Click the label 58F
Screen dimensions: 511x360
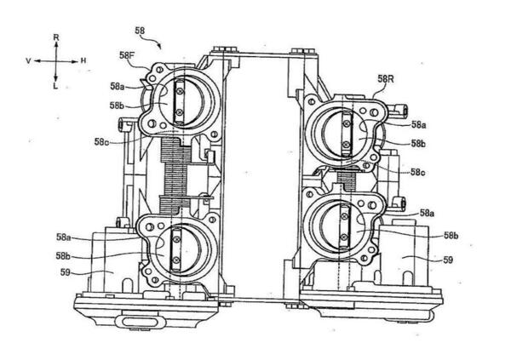coord(126,55)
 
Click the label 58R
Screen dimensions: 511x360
coord(386,78)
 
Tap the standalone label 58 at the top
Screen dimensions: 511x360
coord(140,31)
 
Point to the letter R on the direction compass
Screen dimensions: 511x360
coord(56,37)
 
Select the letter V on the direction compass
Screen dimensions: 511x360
coord(28,61)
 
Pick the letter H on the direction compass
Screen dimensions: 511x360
coord(83,60)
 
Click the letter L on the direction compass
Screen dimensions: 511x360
coord(55,86)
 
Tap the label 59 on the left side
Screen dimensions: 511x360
coord(66,272)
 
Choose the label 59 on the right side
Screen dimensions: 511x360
coord(448,260)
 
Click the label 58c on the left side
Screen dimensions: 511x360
coord(101,142)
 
